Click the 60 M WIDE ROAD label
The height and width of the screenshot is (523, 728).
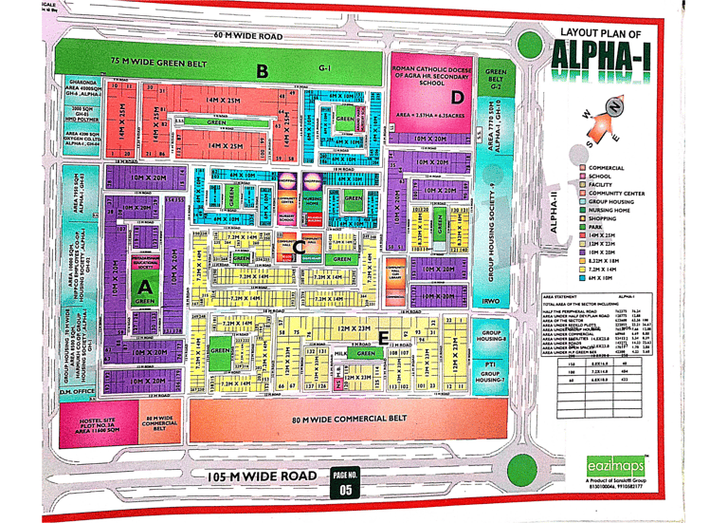point(248,36)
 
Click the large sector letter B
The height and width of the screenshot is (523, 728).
point(262,70)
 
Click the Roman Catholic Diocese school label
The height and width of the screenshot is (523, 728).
point(430,76)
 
